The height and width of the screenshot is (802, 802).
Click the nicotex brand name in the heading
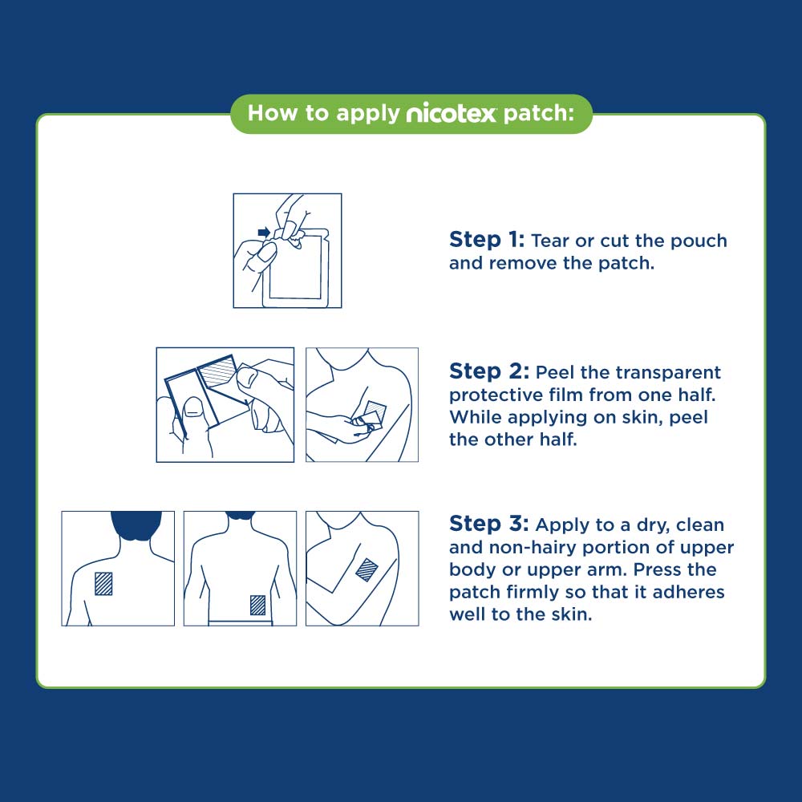click(452, 114)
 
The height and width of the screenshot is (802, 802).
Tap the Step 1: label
click(487, 240)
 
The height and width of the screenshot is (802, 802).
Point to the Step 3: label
click(488, 524)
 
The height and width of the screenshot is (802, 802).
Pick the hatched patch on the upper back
click(104, 583)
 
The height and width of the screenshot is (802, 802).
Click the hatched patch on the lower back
click(257, 604)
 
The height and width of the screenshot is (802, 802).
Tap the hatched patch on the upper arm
click(367, 569)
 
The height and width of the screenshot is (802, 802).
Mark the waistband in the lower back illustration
click(240, 621)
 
